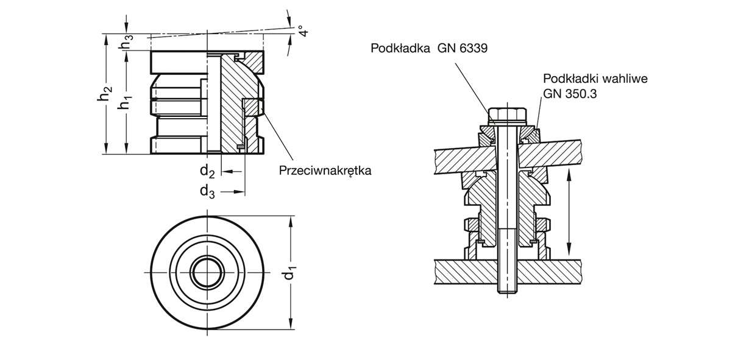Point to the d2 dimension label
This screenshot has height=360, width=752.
(x=207, y=171)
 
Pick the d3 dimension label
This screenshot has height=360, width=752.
(x=207, y=191)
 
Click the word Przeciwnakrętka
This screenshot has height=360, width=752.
(x=325, y=171)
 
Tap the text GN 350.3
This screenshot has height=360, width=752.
(x=567, y=93)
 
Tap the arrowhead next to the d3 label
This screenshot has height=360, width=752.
(x=240, y=192)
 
